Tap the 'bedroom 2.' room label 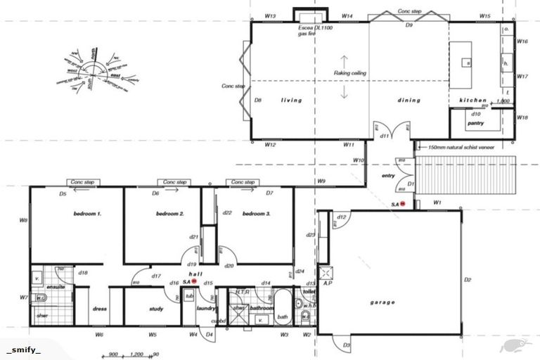pyautogui.click(x=169, y=213)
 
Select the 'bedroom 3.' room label pyautogui.click(x=256, y=213)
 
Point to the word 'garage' pyautogui.click(x=383, y=303)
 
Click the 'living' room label pyautogui.click(x=291, y=101)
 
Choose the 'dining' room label pyautogui.click(x=409, y=101)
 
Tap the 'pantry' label pyautogui.click(x=476, y=123)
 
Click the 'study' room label pyautogui.click(x=156, y=309)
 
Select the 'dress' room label pyautogui.click(x=99, y=309)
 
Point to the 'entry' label pyautogui.click(x=388, y=176)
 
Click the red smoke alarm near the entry pyautogui.click(x=404, y=204)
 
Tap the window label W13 pyautogui.click(x=270, y=15)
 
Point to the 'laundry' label pyautogui.click(x=205, y=308)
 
